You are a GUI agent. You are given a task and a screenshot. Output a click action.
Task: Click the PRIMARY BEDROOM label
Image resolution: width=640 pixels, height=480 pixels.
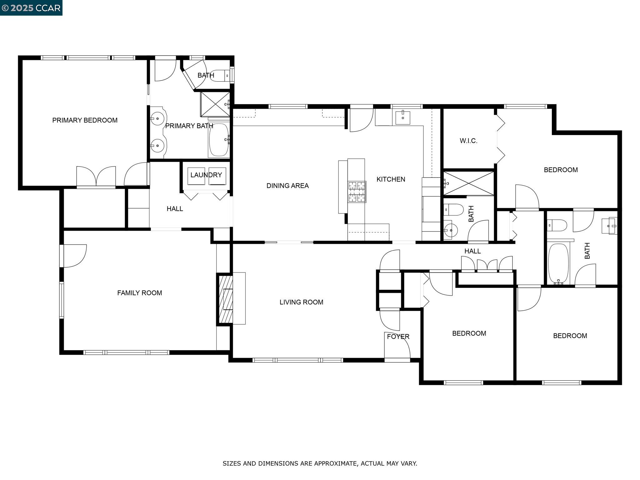(x=85, y=120)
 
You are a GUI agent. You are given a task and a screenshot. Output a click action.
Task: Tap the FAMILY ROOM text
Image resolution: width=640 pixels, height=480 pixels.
(x=139, y=293)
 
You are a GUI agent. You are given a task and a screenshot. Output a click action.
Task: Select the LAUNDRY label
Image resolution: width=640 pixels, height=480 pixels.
(x=206, y=175)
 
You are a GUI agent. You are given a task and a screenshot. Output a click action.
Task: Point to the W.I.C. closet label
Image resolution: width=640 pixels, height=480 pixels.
(x=468, y=141)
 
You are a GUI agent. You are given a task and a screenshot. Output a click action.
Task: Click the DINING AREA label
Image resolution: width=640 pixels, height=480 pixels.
(x=287, y=186)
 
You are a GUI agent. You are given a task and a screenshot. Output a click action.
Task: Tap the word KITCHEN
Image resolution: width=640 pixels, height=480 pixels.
(x=391, y=179)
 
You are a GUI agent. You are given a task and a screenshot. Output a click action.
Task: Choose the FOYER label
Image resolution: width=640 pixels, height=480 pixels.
(x=398, y=337)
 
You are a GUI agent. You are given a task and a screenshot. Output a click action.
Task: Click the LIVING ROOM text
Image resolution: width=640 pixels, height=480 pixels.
(x=301, y=302)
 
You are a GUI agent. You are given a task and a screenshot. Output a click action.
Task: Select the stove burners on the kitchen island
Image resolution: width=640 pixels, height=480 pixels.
(x=357, y=191)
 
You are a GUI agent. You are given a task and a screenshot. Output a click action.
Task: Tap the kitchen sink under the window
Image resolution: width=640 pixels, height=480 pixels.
(x=403, y=117)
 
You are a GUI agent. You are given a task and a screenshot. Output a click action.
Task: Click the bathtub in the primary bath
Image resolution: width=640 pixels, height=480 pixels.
(x=219, y=140)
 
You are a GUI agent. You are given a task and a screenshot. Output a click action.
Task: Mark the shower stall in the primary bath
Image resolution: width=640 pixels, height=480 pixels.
(x=215, y=104)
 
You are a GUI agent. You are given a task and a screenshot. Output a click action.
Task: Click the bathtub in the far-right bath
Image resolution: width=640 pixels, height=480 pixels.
(x=558, y=263)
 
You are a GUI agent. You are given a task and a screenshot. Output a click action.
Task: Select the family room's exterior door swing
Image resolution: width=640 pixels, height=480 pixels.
(x=74, y=256)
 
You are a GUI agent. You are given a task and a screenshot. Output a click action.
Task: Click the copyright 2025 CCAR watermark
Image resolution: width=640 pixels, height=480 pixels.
(x=31, y=8)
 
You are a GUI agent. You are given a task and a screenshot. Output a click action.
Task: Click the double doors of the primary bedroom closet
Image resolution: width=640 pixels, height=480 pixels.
(x=96, y=177)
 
